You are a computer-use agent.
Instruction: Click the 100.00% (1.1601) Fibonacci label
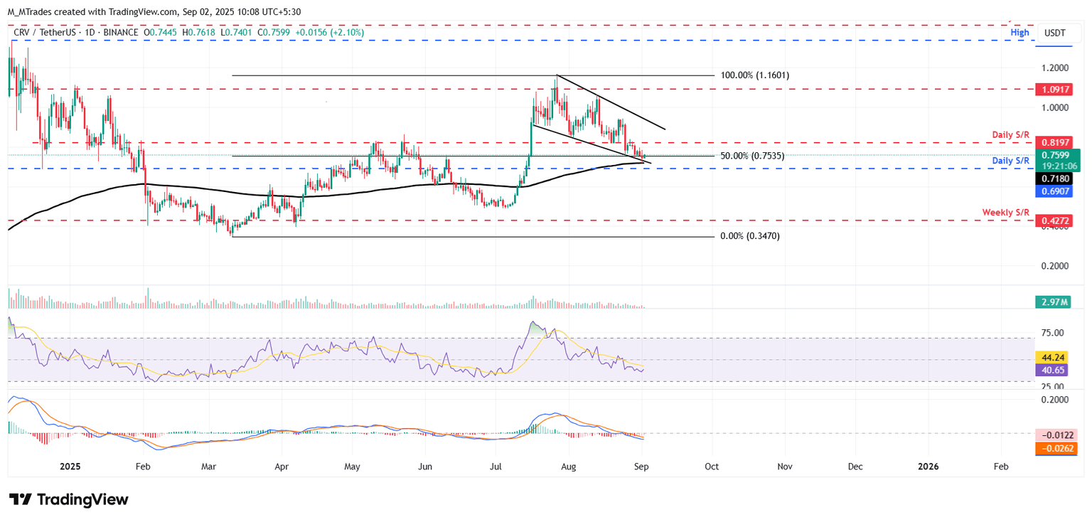click(755, 75)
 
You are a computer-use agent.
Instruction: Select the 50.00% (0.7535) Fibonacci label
click(752, 156)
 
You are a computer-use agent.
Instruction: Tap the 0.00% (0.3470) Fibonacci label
click(749, 236)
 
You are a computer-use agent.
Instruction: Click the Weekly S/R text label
click(1005, 213)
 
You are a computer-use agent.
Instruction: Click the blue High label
click(1019, 33)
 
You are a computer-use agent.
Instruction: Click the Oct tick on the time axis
click(712, 466)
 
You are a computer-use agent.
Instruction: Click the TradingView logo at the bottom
click(69, 499)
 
